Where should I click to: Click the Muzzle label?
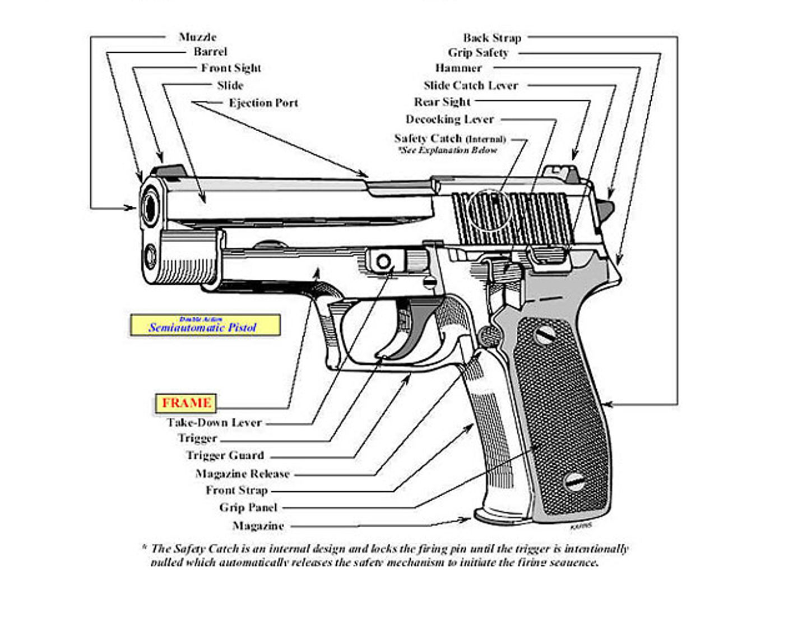[x=197, y=37]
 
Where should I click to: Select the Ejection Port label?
[x=263, y=103]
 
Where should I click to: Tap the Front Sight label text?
[x=231, y=68]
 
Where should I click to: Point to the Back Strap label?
[x=492, y=38]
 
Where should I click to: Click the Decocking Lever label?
[x=449, y=119]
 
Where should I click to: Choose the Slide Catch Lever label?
[x=471, y=85]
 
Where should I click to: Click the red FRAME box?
[x=186, y=403]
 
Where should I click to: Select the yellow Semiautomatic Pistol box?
[x=205, y=325]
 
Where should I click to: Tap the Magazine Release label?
[x=242, y=474]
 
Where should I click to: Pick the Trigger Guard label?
[x=225, y=455]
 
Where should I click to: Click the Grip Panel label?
[x=248, y=507]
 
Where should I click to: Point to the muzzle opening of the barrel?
[x=150, y=208]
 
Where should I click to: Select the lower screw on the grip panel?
[x=574, y=481]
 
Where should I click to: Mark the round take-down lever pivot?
[x=383, y=261]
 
